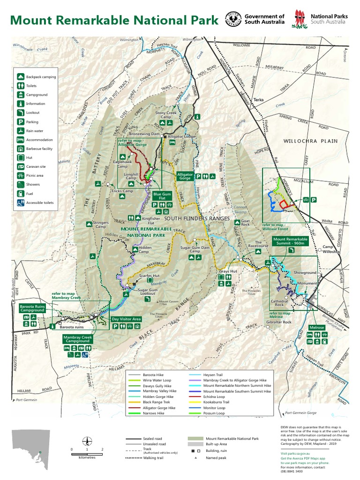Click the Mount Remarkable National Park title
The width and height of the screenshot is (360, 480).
[114, 20]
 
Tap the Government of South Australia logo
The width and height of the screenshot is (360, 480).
[255, 19]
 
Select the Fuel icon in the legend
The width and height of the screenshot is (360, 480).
[21, 194]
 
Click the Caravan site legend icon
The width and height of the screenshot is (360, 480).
[21, 166]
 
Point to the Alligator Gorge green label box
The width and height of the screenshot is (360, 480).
[184, 176]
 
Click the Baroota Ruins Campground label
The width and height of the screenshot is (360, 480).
[32, 309]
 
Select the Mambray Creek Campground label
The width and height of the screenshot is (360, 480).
[77, 339]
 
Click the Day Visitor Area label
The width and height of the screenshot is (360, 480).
[126, 319]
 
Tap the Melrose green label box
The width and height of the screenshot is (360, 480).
[317, 327]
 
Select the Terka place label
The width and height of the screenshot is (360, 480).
[259, 100]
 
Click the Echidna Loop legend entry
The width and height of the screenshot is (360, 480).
[218, 396]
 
